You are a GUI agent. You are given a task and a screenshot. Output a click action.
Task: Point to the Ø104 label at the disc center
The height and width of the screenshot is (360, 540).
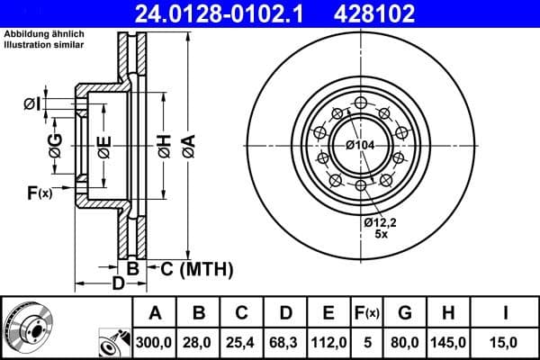(x=360, y=145)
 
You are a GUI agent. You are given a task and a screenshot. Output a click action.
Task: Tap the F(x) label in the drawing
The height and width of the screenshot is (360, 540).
(x=39, y=192)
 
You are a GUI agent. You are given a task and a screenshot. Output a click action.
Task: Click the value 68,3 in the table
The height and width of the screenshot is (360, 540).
(x=285, y=342)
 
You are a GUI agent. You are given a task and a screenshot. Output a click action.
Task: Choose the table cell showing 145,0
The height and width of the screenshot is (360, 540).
(x=450, y=342)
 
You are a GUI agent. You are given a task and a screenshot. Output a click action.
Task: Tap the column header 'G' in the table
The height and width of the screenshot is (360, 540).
(x=405, y=314)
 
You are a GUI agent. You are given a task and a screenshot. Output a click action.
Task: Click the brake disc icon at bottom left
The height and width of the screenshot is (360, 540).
(x=27, y=328)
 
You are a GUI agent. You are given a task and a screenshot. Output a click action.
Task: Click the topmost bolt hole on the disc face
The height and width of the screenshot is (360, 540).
(x=360, y=101)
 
